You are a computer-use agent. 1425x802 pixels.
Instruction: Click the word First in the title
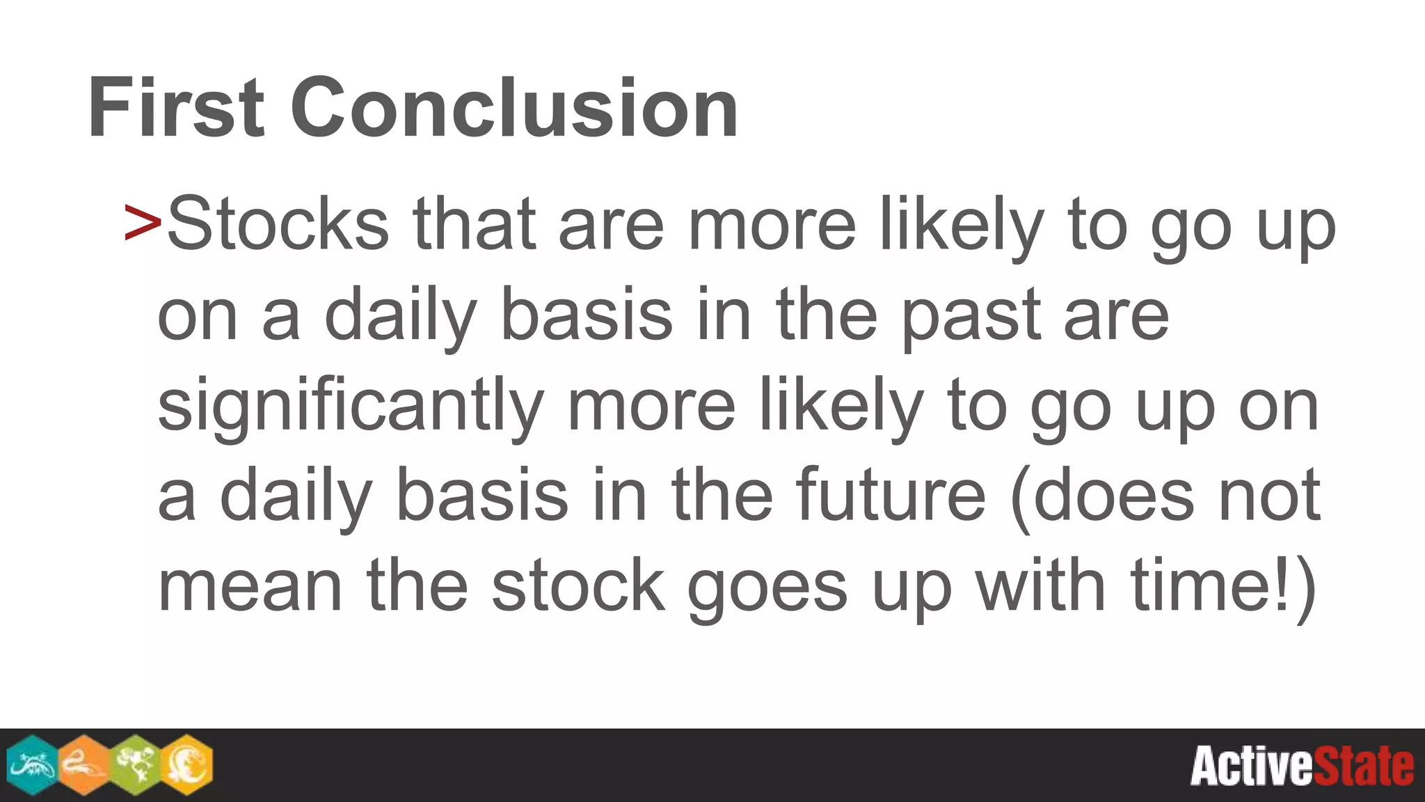[x=176, y=109]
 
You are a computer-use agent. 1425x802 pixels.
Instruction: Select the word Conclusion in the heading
[x=514, y=109]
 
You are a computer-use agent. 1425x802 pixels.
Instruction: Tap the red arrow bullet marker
[x=143, y=223]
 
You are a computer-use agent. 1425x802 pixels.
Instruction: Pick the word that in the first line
[x=474, y=224]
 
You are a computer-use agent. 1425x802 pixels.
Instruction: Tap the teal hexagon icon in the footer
[x=31, y=764]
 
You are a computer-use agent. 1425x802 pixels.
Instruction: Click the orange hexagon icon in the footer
[x=83, y=764]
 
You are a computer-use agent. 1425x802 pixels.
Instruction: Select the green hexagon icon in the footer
[x=135, y=764]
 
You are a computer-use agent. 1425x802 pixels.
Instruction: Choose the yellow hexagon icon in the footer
[x=186, y=764]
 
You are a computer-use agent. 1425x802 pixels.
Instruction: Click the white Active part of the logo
[x=1251, y=766]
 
